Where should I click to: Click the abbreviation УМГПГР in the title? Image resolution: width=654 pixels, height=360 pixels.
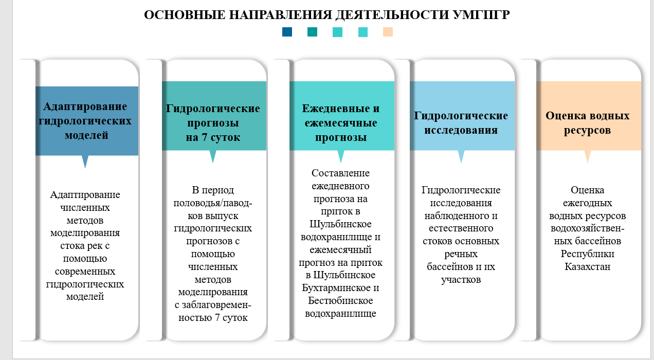point(482,15)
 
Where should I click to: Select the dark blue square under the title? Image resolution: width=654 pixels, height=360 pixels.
point(287,32)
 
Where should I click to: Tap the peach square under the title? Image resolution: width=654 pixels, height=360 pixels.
point(388,32)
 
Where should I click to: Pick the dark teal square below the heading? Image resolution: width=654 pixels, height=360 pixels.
point(312,32)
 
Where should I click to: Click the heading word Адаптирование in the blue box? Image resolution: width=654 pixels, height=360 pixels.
point(85,106)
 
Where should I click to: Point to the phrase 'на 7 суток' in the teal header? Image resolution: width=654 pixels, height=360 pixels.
point(213,137)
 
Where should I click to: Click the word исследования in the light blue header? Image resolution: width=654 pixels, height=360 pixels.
point(461,130)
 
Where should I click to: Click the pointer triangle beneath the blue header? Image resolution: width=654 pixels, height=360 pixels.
point(85,161)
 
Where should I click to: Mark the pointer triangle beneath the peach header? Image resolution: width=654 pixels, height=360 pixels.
point(588,156)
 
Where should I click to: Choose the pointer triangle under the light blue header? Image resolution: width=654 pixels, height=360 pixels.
point(461,156)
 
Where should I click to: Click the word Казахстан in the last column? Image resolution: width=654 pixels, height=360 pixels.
point(588,266)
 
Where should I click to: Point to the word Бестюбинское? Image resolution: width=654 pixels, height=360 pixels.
point(340,300)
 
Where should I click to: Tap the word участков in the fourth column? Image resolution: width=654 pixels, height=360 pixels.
point(461,280)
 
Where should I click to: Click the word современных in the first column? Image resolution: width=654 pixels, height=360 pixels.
point(85,272)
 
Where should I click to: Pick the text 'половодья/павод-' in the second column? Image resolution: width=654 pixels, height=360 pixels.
point(213,203)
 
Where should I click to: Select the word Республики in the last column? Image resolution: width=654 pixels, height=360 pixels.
point(588,254)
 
